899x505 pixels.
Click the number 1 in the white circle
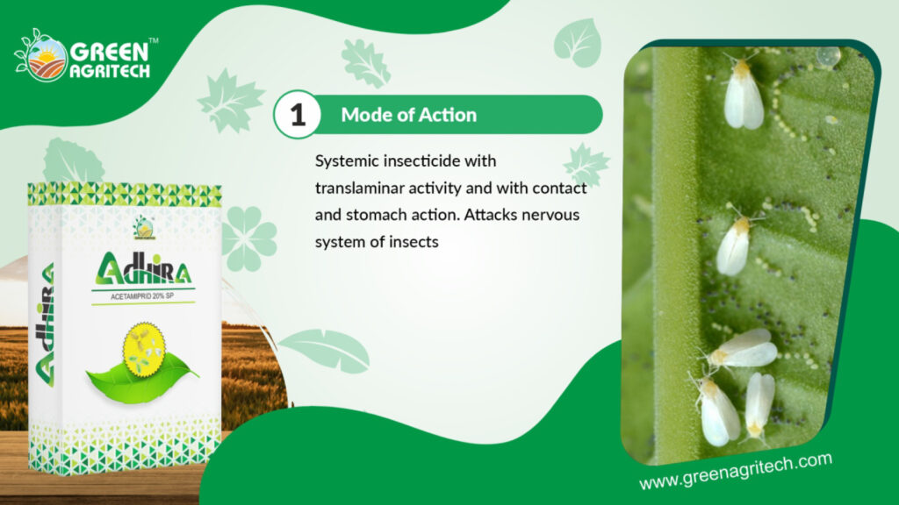pos(298,115)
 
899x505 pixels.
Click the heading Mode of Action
pos(409,115)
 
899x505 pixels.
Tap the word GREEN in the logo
pos(109,52)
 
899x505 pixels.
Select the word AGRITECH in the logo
pos(110,70)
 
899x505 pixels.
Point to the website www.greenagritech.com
pos(736,471)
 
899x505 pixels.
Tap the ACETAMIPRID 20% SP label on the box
pos(142,296)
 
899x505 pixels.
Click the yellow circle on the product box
pos(145,349)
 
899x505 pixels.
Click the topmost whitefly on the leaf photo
pos(743,94)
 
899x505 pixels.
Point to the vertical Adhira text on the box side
pos(45,324)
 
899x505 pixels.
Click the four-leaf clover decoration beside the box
pos(248,238)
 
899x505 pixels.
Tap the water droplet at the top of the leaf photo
pos(828,55)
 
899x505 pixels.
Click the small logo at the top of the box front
pos(143,227)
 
